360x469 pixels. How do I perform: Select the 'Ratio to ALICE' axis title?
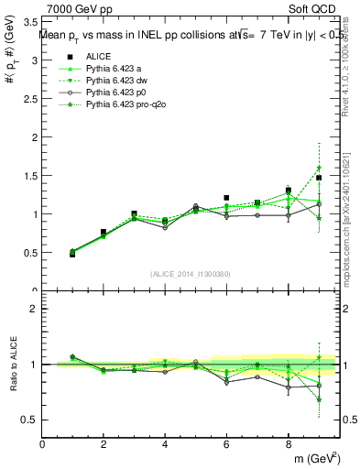coord(12,365)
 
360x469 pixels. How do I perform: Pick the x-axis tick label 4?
coord(165,444)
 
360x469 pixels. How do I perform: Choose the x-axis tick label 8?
coord(288,444)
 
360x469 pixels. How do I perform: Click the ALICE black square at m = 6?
coord(226,197)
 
